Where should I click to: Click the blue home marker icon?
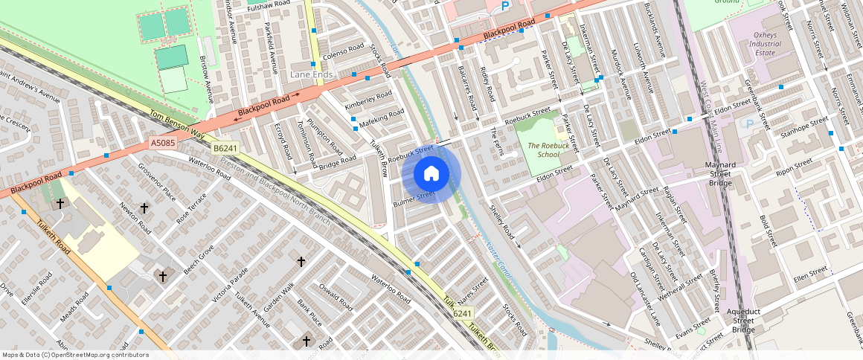(431, 175)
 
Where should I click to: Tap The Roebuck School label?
(543, 150)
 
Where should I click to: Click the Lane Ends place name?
(311, 75)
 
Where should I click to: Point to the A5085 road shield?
(163, 142)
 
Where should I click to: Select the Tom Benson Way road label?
(177, 124)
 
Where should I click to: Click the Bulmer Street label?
(414, 198)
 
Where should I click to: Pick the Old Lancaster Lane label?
(644, 299)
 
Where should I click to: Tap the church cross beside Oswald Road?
(301, 261)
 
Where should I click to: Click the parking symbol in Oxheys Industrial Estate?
(749, 123)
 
